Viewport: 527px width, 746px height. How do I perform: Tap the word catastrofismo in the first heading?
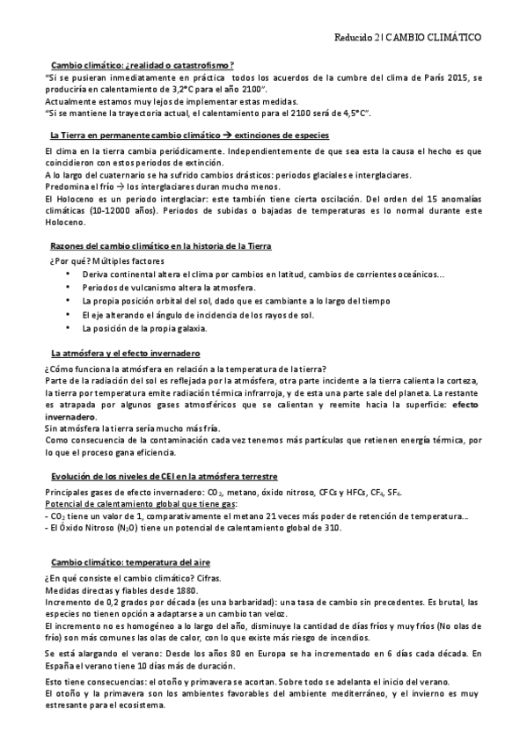[x=202, y=65]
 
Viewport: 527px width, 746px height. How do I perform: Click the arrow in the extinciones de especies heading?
[x=227, y=135]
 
